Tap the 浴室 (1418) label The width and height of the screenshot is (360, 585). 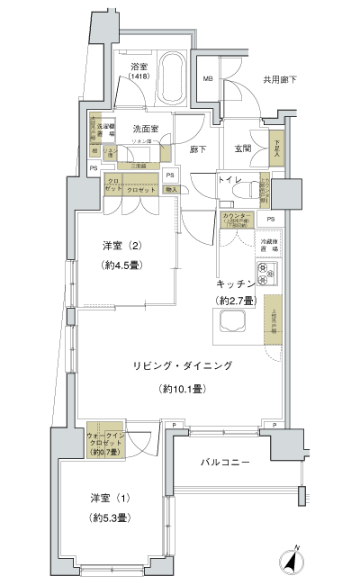[138, 73]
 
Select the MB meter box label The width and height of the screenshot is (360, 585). [208, 79]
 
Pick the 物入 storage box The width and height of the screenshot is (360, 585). [171, 189]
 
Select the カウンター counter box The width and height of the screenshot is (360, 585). [236, 220]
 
